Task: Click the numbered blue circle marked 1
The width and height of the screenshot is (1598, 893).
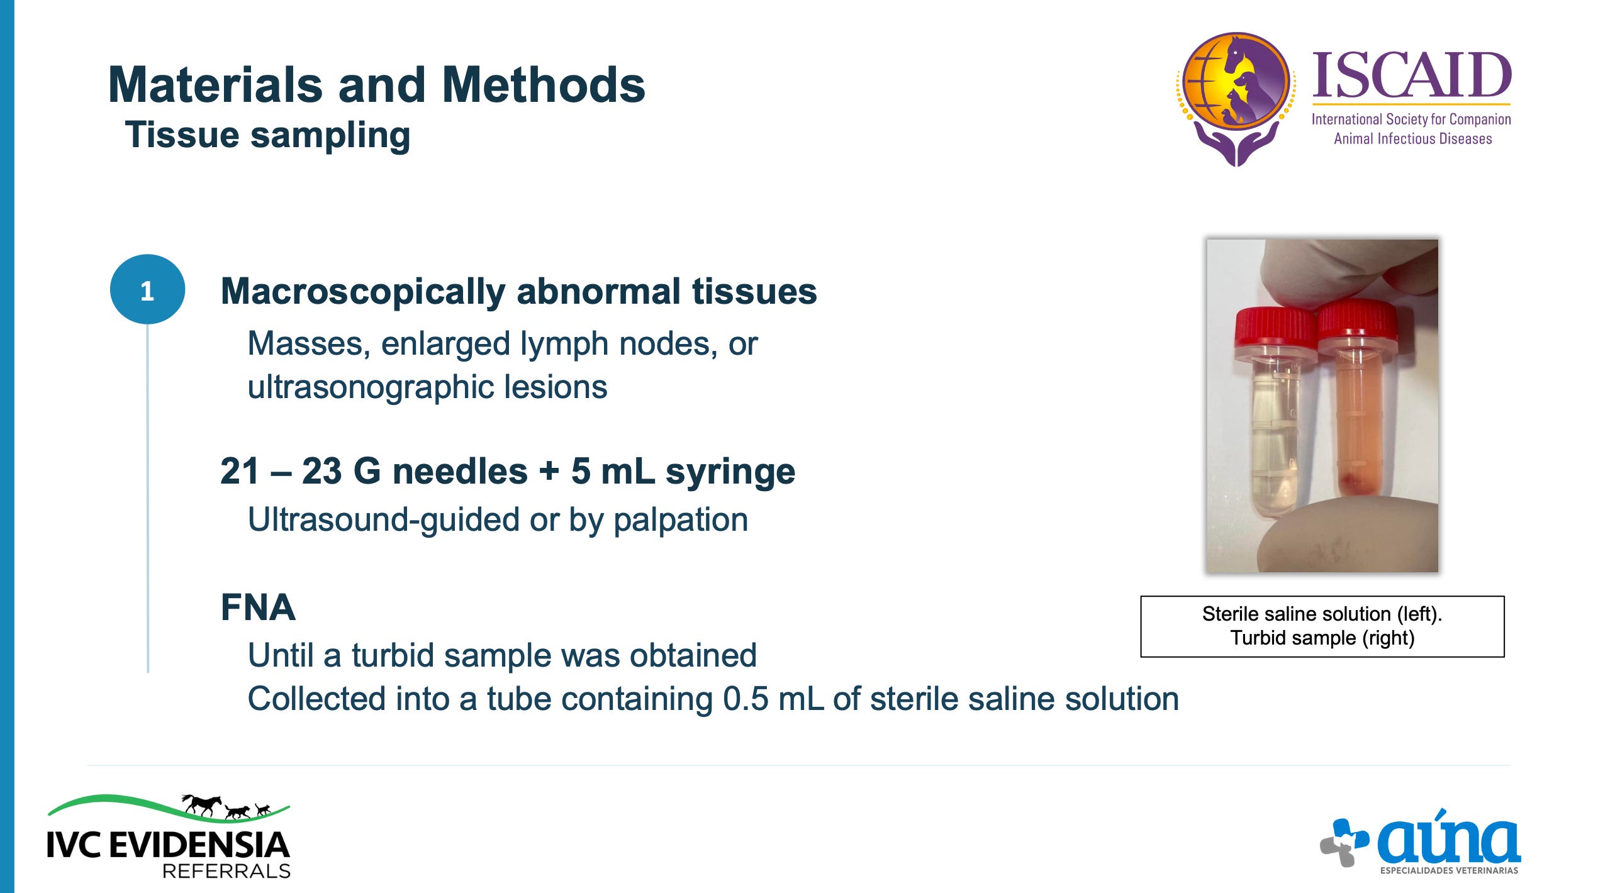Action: click(x=147, y=289)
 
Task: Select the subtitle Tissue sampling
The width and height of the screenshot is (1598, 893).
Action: click(x=267, y=135)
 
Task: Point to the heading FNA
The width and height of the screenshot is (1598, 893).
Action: click(x=258, y=607)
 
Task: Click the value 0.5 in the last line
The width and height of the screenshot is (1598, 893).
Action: click(x=746, y=699)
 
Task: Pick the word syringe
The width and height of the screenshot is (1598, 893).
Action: click(x=730, y=473)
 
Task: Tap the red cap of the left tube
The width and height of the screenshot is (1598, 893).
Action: click(x=1275, y=327)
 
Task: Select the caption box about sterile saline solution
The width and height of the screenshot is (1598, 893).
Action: click(x=1322, y=626)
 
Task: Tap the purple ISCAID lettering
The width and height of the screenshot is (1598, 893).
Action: click(x=1412, y=76)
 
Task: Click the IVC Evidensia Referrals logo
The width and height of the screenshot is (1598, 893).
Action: click(x=169, y=836)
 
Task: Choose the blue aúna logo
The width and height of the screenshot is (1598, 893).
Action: click(x=1421, y=841)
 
